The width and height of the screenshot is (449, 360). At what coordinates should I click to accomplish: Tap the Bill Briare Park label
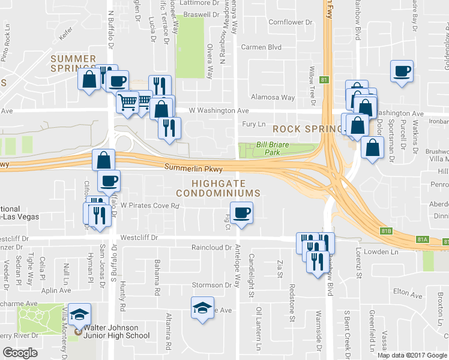(277, 148)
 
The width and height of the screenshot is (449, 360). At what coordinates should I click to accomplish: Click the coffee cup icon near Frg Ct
(242, 213)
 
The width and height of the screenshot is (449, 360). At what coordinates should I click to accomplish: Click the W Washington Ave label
(218, 110)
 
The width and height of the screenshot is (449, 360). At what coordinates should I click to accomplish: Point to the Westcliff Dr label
(139, 237)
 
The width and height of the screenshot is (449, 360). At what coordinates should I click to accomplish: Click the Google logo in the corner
(20, 353)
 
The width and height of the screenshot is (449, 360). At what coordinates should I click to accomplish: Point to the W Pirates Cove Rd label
(150, 205)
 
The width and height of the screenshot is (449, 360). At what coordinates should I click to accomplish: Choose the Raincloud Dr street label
(211, 247)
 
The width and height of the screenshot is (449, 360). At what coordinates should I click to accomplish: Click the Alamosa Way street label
(273, 97)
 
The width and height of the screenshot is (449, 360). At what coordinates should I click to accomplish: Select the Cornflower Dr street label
(291, 22)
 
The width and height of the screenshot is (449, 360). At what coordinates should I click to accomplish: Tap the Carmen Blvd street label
(261, 47)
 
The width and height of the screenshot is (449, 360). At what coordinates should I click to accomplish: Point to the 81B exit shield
(386, 230)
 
